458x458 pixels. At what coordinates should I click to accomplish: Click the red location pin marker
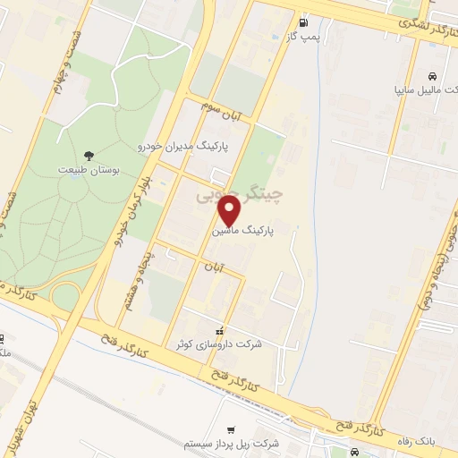click(x=230, y=210)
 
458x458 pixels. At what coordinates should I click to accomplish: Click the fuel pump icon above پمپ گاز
click(x=305, y=22)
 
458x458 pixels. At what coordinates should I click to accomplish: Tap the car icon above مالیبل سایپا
click(x=432, y=76)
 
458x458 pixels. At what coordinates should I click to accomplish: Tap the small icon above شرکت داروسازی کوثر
click(x=219, y=332)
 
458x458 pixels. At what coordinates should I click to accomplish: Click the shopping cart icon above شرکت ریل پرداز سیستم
click(x=231, y=430)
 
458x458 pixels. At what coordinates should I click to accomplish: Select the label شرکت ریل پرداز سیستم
click(x=232, y=445)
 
